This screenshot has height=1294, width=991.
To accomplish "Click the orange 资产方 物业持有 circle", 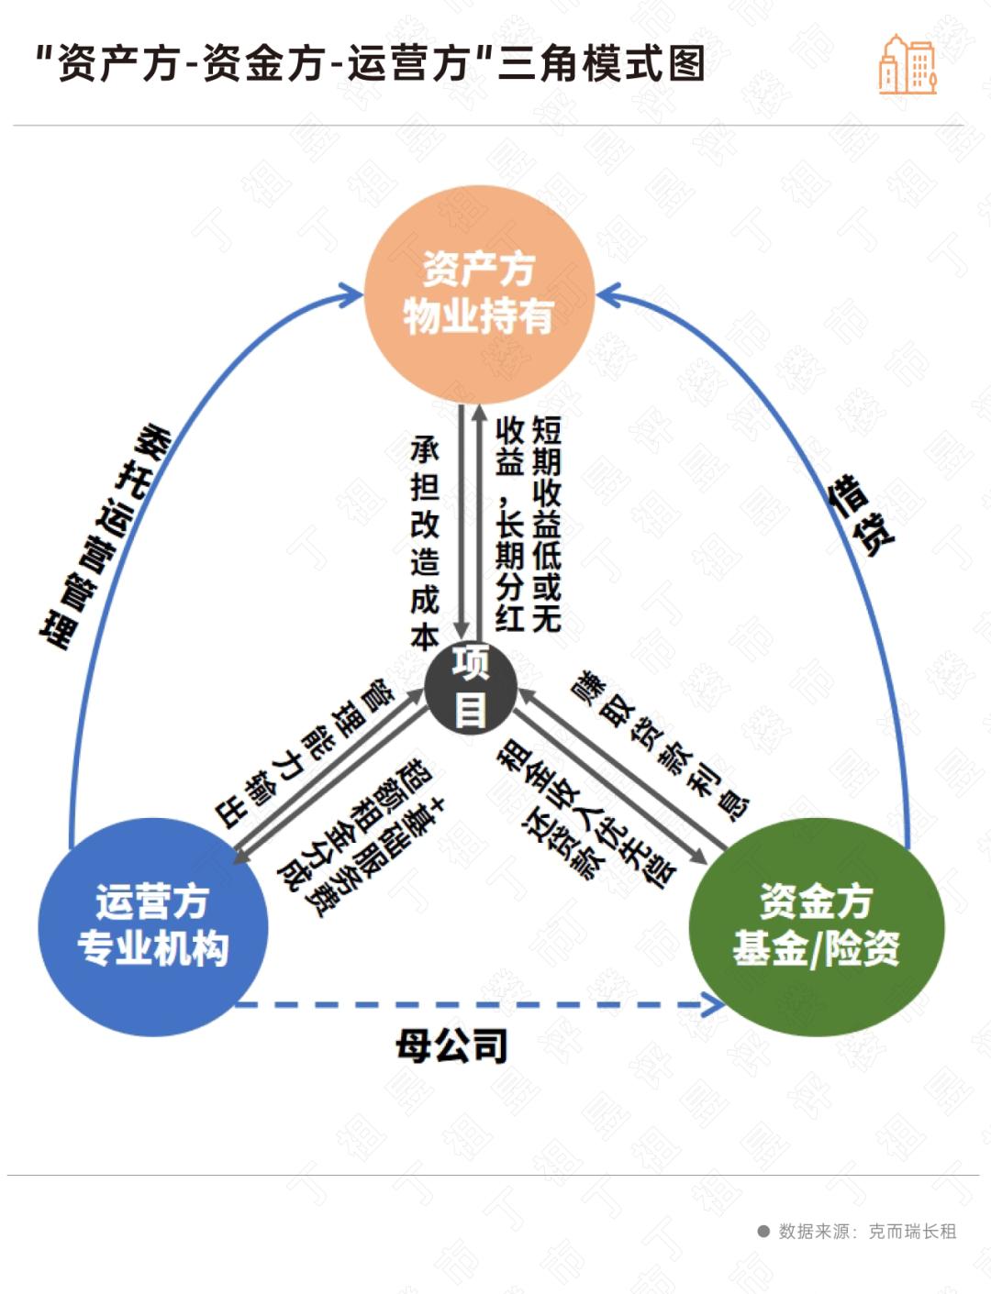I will pos(478,293).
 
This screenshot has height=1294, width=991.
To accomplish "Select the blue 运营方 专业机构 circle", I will pos(152,926).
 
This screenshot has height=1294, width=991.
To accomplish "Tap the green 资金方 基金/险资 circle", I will pos(816,926).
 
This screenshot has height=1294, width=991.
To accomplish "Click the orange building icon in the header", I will pos(907,65).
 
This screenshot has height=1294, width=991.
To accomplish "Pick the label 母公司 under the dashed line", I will pos(451,1045).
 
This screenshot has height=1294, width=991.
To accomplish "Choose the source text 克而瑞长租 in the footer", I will pos(912,1232).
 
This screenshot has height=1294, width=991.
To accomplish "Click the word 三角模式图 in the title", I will pos(601,64).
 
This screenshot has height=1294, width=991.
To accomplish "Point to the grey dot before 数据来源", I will pos(763,1232).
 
